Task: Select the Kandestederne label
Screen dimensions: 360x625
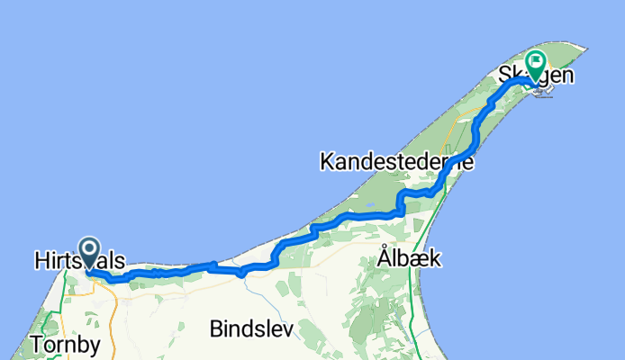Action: click(396, 162)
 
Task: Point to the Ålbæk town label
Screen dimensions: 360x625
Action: click(409, 258)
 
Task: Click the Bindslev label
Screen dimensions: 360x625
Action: click(251, 328)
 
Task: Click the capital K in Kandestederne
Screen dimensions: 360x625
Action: click(326, 163)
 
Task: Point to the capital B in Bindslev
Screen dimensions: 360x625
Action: click(217, 328)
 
